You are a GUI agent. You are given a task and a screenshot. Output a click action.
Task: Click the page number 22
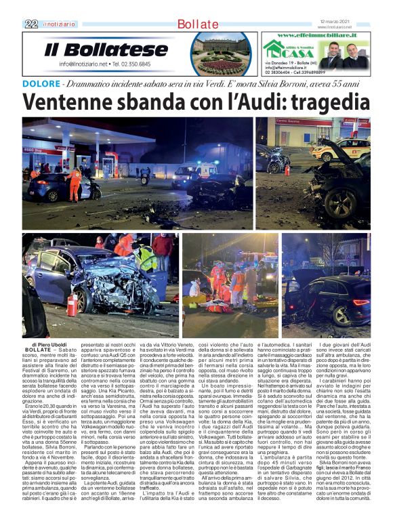coord(30,24)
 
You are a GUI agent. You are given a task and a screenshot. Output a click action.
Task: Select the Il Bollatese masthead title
coord(106,49)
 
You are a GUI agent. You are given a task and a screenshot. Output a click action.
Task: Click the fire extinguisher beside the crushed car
coord(73,305)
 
